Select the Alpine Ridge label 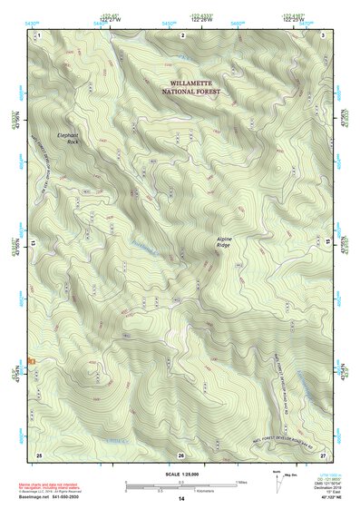pyautogui.click(x=230, y=242)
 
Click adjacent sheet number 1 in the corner pyautogui.click(x=39, y=34)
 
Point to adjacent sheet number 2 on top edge pyautogui.click(x=183, y=34)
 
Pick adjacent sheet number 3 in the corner pyautogui.click(x=324, y=34)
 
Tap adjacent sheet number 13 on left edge pyautogui.click(x=34, y=244)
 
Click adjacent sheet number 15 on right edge pyautogui.click(x=328, y=244)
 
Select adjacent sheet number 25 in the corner pyautogui.click(x=39, y=454)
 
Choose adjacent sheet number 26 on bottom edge pyautogui.click(x=181, y=455)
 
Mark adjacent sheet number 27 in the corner pyautogui.click(x=324, y=454)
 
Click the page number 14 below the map pyautogui.click(x=181, y=499)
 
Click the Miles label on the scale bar pyautogui.click(x=240, y=483)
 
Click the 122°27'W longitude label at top pyautogui.click(x=112, y=19)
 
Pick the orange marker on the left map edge pyautogui.click(x=32, y=361)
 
